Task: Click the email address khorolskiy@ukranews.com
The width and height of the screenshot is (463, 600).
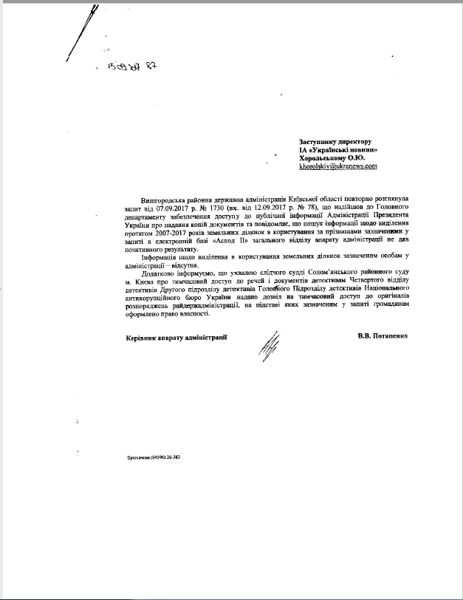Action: coord(338,167)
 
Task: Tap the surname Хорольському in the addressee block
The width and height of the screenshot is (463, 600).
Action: coord(325,158)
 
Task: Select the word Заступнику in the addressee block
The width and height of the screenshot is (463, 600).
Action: coord(320,141)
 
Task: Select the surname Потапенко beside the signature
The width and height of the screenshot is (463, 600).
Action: coord(399,336)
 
